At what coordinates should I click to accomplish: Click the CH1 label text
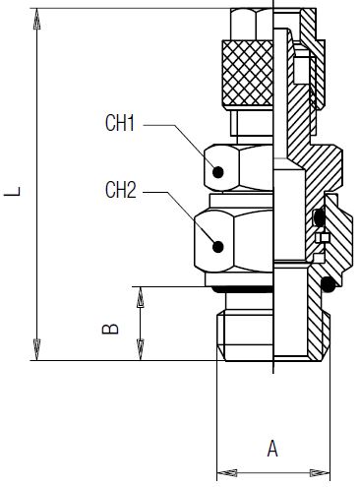(x=120, y=123)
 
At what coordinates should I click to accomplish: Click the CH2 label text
(x=120, y=190)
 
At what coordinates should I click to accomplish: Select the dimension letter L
(x=13, y=192)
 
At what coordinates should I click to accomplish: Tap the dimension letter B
(x=110, y=329)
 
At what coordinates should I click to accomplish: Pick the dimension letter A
(x=272, y=449)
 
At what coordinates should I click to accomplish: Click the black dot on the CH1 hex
(x=218, y=172)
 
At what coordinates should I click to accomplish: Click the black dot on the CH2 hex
(x=218, y=247)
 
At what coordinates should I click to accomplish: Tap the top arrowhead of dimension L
(x=37, y=19)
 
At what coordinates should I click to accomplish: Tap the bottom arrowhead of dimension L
(x=37, y=349)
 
